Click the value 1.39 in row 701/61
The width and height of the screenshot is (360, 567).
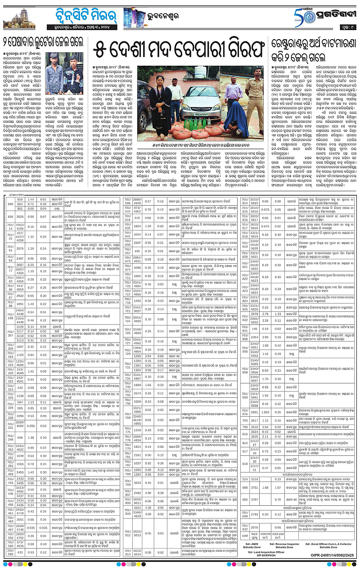pyautogui.click(x=31, y=248)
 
